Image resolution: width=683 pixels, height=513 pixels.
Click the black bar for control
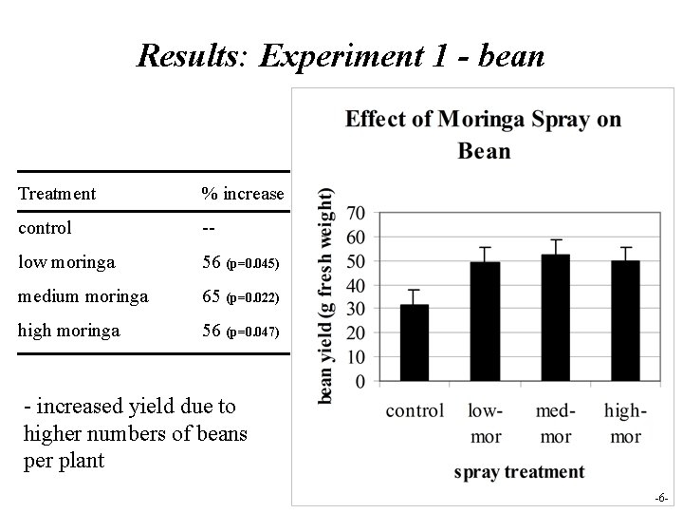[414, 343]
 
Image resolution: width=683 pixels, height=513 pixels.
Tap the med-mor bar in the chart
[555, 317]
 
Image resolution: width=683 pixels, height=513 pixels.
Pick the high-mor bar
[625, 320]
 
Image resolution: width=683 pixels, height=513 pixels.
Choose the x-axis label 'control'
[415, 411]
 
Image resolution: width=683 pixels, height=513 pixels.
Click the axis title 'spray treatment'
[519, 471]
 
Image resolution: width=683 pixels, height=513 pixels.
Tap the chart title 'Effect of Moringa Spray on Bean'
[484, 134]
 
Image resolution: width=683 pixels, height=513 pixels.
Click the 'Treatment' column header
[57, 194]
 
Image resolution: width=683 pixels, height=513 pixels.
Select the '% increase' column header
[242, 194]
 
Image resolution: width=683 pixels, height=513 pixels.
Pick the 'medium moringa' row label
[83, 296]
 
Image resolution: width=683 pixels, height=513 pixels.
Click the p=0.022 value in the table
[252, 297]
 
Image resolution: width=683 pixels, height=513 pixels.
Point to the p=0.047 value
[252, 332]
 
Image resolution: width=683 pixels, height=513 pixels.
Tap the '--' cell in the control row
[208, 229]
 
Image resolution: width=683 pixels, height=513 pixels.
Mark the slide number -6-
[661, 498]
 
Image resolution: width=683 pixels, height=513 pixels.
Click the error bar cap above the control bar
[414, 290]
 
